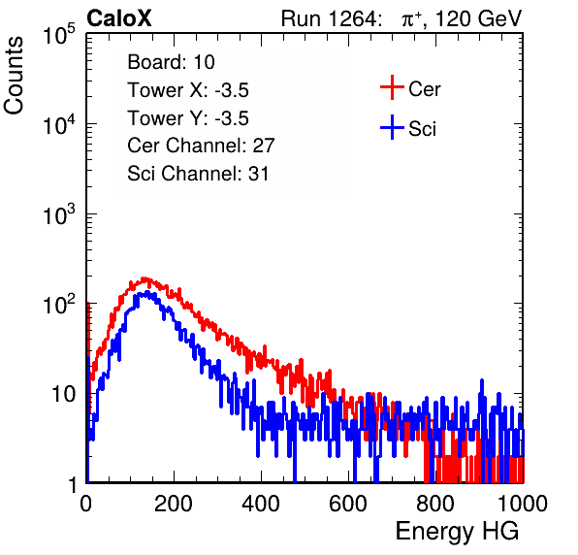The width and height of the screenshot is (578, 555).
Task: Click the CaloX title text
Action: [119, 18]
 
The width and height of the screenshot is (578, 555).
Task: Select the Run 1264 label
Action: [329, 18]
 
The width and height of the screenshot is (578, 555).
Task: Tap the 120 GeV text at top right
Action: [478, 18]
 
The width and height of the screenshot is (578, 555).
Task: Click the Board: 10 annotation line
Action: [171, 62]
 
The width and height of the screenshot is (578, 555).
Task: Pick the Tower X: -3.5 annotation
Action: [188, 90]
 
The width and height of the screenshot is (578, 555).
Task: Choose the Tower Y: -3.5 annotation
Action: [188, 118]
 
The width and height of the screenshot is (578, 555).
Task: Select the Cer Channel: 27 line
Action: [201, 146]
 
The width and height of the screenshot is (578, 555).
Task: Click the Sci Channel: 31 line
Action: [198, 174]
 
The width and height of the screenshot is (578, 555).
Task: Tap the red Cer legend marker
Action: [392, 87]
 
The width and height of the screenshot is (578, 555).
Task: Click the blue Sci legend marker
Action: [392, 128]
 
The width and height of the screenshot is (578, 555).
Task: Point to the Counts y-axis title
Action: [14, 76]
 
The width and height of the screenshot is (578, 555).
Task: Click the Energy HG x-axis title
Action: [457, 532]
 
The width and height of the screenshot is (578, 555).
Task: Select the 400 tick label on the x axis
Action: [261, 504]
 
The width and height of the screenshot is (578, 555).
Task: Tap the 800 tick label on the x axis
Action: [435, 504]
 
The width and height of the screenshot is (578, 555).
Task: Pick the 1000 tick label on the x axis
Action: [523, 504]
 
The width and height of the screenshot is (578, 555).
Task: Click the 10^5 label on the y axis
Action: [59, 35]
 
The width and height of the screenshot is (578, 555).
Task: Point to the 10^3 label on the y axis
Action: [59, 214]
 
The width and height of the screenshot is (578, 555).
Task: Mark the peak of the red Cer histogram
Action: [144, 278]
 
